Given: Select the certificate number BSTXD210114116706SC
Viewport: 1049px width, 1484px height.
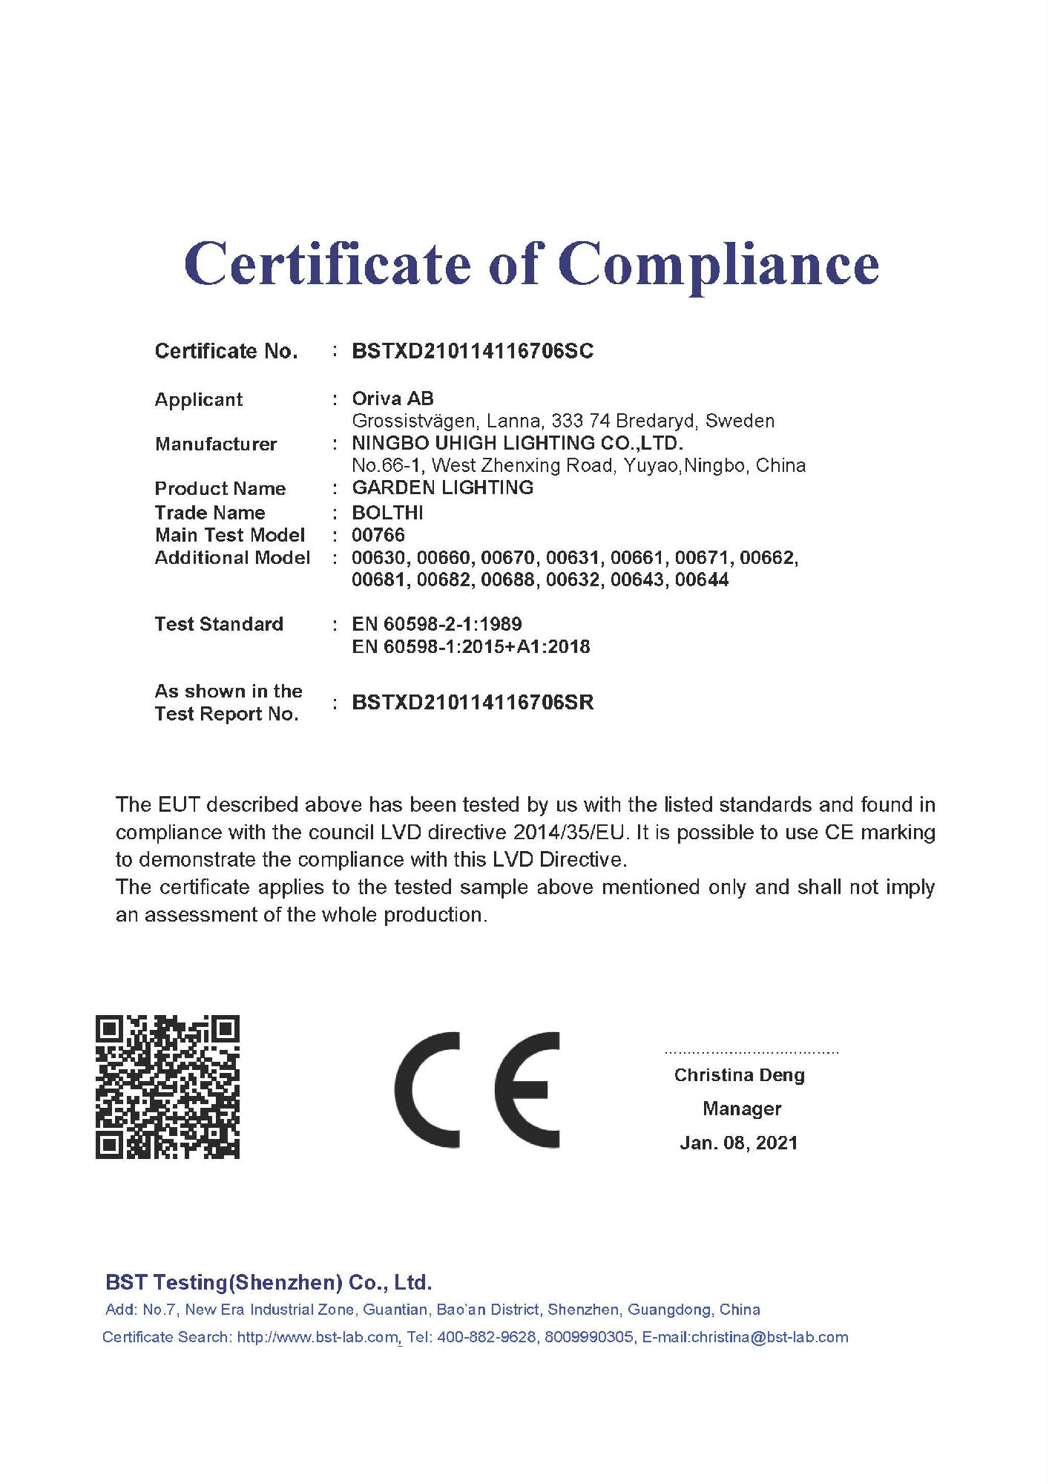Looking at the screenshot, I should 473,351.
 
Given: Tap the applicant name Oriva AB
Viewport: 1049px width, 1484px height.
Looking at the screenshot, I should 392,398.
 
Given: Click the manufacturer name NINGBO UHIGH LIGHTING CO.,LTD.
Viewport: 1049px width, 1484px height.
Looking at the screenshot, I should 517,443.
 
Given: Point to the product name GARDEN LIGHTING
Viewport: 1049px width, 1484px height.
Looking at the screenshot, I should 442,487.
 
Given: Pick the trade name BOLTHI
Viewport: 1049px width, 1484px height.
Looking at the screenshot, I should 387,513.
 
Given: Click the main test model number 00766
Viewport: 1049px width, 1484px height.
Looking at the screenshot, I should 378,535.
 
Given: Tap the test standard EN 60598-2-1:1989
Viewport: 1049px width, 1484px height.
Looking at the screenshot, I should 436,624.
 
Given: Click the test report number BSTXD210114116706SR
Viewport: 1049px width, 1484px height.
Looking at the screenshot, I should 473,702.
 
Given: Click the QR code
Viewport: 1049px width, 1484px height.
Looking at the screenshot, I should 168,1086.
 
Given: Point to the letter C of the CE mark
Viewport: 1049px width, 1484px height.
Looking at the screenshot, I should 427,1089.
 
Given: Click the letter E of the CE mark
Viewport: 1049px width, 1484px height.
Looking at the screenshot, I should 527,1089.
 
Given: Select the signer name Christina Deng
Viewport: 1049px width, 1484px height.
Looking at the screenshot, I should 739,1075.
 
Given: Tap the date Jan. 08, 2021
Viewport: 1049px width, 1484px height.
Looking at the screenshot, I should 739,1143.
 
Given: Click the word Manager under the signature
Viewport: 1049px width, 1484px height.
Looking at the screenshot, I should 742,1109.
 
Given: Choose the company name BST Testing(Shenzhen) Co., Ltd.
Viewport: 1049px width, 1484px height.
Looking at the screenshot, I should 269,1282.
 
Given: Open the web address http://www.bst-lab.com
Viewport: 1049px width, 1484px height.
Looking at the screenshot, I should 318,1337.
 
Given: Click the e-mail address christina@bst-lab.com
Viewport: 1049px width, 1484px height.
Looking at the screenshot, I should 769,1337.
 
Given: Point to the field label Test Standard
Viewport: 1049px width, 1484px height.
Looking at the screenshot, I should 219,624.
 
